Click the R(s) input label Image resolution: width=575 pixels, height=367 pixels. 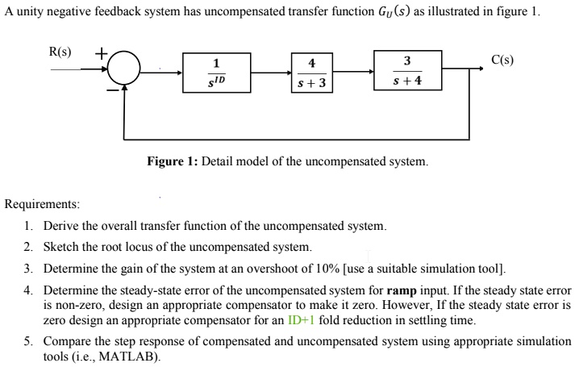tap(60, 52)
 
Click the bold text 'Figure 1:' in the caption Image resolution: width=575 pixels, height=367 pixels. tap(173, 162)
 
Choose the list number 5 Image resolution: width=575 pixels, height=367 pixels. tap(28, 341)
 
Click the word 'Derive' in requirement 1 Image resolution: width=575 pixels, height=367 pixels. tap(61, 226)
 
